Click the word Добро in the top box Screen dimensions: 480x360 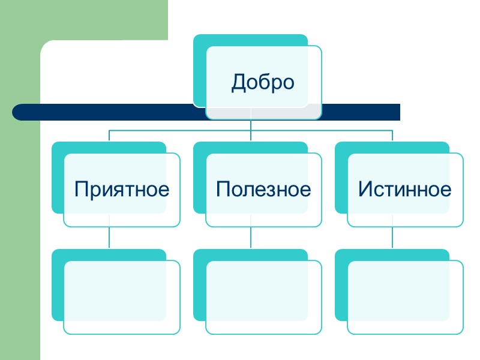[x=263, y=82]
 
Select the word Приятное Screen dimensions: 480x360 [x=122, y=190]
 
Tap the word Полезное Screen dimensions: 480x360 [x=263, y=190]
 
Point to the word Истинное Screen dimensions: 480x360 [x=404, y=190]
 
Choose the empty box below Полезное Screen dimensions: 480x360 [x=263, y=297]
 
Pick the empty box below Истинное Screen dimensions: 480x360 [x=405, y=297]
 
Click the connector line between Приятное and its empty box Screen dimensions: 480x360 [x=109, y=238]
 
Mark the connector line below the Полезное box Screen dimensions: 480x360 [x=251, y=238]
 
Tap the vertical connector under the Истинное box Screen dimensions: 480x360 [x=392, y=238]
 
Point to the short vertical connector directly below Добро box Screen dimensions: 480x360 [x=251, y=125]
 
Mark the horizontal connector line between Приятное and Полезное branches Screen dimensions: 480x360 [x=180, y=130]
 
